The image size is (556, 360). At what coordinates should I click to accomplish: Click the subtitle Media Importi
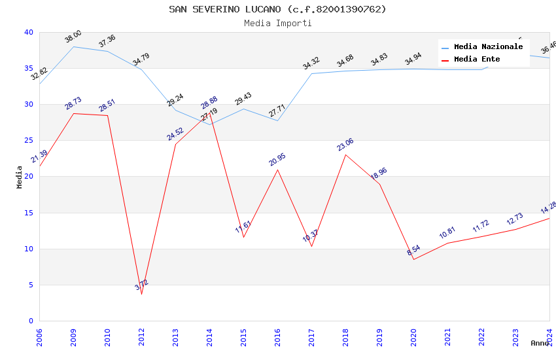coord(277,23)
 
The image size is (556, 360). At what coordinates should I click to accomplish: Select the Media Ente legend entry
coord(477,60)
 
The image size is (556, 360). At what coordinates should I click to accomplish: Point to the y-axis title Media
coord(20,177)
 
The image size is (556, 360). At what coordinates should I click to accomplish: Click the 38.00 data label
coord(73,37)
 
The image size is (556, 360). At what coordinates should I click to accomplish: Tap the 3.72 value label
coord(142,285)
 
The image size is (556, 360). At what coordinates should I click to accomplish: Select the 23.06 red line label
coord(345,145)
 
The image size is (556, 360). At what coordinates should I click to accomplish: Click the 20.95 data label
coord(277,160)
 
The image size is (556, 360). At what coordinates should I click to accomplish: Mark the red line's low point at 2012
coord(141,294)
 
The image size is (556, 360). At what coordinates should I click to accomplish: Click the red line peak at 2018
coord(345,154)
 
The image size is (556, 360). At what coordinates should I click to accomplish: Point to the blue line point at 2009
coord(73,46)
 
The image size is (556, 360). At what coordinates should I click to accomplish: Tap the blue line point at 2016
coord(277,120)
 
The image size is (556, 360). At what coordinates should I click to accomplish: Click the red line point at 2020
coord(413,259)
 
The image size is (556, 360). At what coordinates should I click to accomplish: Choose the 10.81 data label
coord(447,233)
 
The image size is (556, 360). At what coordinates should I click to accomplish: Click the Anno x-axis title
coord(540,343)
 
